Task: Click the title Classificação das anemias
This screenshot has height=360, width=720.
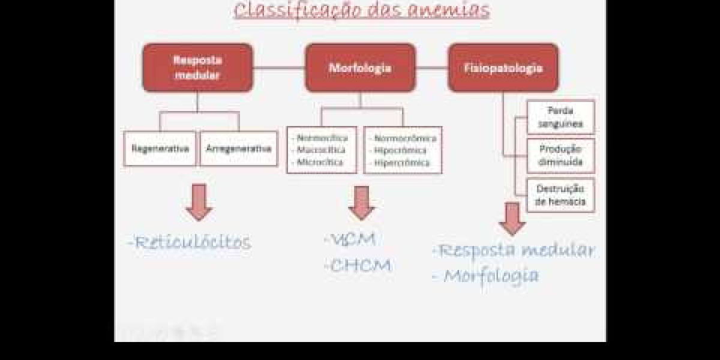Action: tap(361, 10)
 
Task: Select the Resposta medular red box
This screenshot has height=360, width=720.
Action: tap(197, 68)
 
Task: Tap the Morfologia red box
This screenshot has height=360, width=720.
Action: tap(360, 68)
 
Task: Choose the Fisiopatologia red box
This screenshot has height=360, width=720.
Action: tap(503, 68)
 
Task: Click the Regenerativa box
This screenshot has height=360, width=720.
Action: tap(160, 148)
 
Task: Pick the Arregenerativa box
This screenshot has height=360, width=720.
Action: tap(238, 148)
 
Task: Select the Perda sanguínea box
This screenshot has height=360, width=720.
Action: tap(560, 117)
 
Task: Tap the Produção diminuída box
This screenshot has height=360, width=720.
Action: tap(560, 156)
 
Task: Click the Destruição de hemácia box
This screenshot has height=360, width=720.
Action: tap(560, 195)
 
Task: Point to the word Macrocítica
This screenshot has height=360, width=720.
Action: tap(322, 150)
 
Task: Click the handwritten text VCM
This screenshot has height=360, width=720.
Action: tap(353, 239)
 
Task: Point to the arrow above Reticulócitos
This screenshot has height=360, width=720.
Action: tap(199, 202)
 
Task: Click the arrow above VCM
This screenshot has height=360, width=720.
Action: tap(361, 203)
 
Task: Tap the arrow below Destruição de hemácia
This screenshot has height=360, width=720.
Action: tap(512, 218)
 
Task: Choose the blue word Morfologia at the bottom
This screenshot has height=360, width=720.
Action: tap(491, 275)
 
